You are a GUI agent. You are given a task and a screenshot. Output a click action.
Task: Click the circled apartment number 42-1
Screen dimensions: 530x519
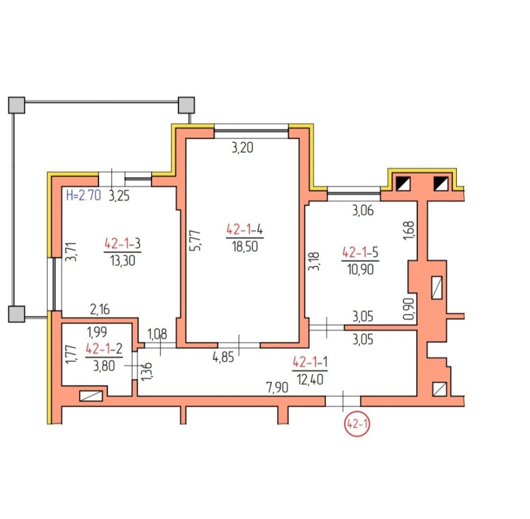coord(357,423)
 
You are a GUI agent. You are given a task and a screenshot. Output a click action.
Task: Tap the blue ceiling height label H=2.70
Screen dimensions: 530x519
coord(84,195)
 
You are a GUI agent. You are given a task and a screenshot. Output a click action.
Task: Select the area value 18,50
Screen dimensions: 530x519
coord(245,246)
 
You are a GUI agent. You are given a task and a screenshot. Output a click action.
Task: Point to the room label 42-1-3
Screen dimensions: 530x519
coord(122,244)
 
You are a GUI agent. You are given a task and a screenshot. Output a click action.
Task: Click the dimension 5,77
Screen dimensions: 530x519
coord(196,240)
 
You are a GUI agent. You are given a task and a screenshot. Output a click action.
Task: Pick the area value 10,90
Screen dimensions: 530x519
coord(360,269)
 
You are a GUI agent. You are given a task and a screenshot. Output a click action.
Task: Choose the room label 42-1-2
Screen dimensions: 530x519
coord(104,349)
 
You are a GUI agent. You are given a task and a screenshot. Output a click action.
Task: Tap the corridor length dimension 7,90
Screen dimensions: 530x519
coord(277,387)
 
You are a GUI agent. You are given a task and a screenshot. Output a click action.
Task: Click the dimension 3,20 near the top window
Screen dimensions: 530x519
coord(242,148)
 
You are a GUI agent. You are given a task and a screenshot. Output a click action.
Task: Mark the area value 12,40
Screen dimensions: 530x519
coord(310,379)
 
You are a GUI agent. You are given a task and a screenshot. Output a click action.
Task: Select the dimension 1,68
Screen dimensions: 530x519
coord(409,230)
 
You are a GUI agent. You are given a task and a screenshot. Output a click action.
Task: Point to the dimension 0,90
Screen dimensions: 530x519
coord(409,308)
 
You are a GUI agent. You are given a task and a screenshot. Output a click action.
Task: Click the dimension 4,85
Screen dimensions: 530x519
coord(223,357)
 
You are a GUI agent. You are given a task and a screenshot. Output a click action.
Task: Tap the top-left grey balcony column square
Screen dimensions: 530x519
coord(16,105)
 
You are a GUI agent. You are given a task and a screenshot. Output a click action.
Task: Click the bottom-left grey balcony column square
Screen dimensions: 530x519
coord(16,314)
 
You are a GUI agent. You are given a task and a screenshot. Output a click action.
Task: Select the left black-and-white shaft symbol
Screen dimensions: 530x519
coord(403,184)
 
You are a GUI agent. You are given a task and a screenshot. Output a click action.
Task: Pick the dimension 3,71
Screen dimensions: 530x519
coord(72,252)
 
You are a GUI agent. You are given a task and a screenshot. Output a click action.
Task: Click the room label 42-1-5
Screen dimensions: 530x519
coord(360,253)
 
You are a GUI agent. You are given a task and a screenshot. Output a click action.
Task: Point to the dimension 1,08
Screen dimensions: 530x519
coord(157,334)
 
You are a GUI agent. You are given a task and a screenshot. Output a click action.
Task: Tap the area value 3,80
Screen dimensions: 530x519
coord(104,366)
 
